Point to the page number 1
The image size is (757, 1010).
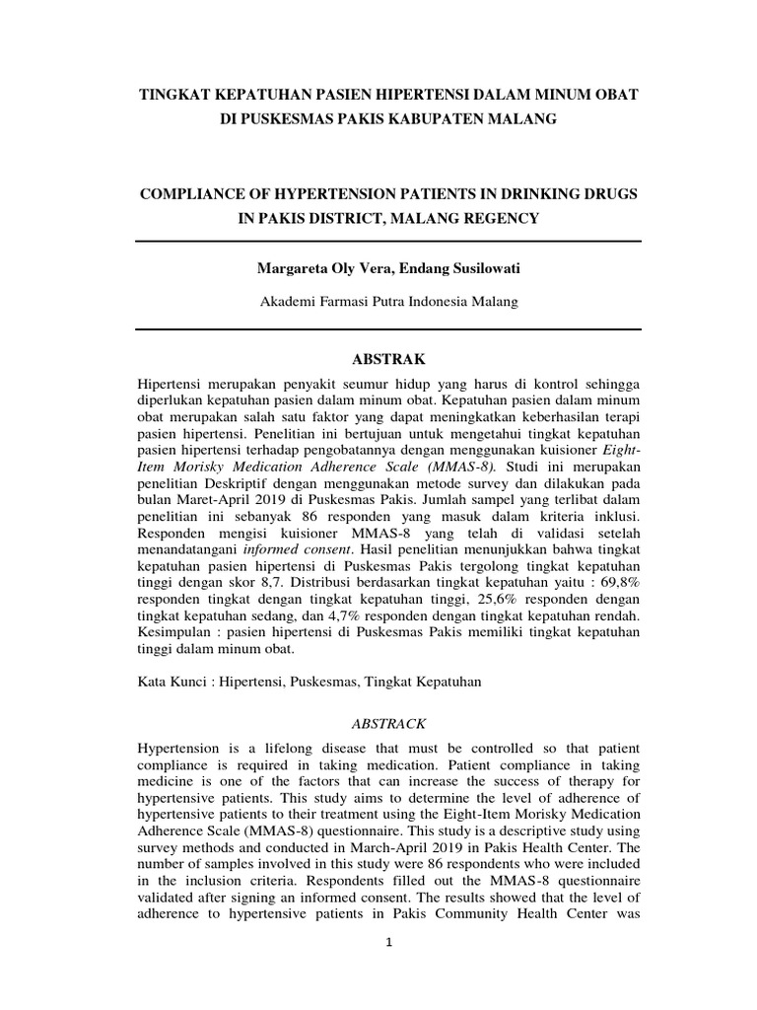point(389,942)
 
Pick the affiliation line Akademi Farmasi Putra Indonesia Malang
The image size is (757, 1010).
point(387,304)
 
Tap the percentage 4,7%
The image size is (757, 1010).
point(331,615)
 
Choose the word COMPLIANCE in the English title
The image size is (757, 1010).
point(189,195)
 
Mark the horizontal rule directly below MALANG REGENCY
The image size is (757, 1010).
point(387,241)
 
